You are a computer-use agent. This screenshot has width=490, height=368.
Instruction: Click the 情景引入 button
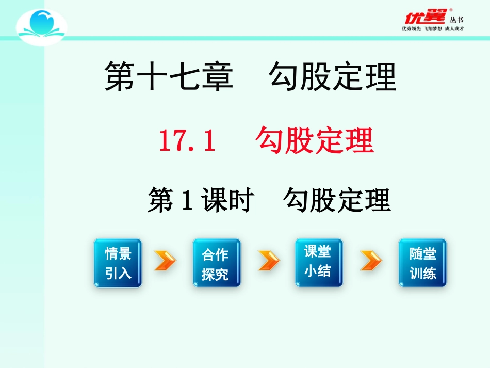coord(118,263)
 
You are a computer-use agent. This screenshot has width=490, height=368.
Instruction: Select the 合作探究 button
coord(217,263)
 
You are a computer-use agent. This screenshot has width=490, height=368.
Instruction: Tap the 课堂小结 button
coord(318,263)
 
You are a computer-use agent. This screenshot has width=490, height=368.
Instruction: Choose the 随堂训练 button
coord(422,263)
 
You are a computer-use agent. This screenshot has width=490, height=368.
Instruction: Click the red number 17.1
coord(187,141)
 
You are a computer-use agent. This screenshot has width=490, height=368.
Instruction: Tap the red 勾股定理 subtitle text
coord(314,141)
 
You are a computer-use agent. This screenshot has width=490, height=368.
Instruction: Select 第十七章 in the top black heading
coord(169,77)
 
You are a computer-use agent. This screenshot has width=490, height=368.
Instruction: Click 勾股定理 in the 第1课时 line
coord(337,201)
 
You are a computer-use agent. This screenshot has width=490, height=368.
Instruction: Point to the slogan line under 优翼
coord(433,29)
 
